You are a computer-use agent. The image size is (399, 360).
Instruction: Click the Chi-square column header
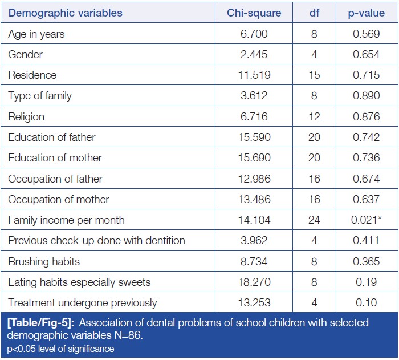pos(254,13)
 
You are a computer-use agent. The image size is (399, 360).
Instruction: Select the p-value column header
pos(366,13)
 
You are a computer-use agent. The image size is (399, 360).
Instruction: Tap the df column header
pos(314,13)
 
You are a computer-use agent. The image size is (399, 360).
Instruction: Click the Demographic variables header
pos(65,13)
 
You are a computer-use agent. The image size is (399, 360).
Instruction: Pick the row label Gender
pos(25,55)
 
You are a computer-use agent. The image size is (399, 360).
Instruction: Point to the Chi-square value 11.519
pos(254,75)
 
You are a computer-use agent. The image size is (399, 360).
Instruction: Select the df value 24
pos(314,220)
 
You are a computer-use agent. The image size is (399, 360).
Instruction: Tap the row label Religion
pos(26,117)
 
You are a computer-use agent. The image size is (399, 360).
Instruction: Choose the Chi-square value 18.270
pos(254,282)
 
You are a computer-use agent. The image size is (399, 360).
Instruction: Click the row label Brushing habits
pos(44,261)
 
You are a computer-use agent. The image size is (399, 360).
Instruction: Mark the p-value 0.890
pos(366,96)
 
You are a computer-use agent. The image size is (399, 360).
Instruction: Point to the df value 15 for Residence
pos(314,75)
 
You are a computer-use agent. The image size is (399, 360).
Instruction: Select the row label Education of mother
pos(55,158)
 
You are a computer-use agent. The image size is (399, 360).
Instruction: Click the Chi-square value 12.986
pos(254,179)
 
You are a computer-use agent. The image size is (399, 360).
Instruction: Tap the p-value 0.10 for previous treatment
pos(366,303)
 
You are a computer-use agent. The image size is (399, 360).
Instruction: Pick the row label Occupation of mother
pos(59,200)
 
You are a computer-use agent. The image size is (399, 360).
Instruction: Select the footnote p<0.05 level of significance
pos(60,348)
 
